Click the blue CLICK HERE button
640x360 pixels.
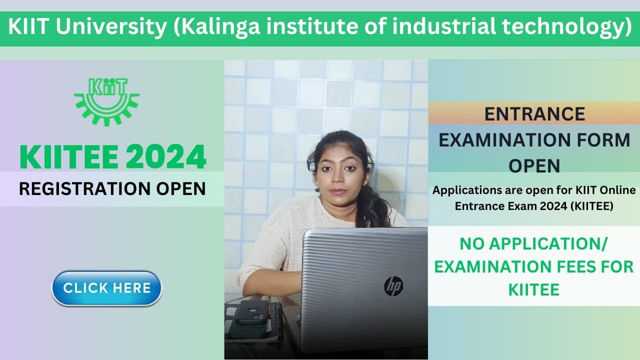point(106,288)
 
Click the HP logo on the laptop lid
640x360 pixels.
point(393,286)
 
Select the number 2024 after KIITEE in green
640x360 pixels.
point(165,156)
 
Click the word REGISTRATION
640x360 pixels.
point(77,188)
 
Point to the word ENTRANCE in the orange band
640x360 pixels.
point(534,114)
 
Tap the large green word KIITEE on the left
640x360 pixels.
point(69,156)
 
